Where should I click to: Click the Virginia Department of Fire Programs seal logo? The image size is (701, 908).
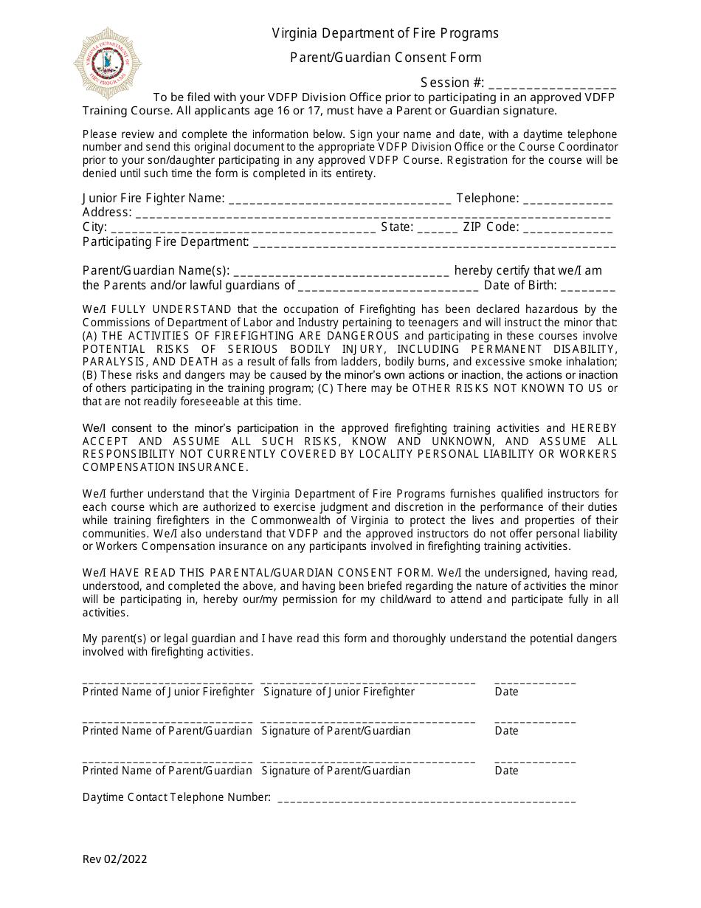coord(108,63)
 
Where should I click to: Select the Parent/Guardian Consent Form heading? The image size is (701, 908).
coord(385,58)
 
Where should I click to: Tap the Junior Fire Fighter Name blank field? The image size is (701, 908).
coord(340,199)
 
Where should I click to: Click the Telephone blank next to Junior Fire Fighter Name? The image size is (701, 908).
coord(568,199)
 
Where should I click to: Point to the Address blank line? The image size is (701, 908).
coord(373,214)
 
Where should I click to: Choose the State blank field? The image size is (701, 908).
coord(438,228)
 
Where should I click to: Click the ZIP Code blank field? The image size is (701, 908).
coord(568,228)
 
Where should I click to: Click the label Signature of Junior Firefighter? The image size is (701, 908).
coord(339,692)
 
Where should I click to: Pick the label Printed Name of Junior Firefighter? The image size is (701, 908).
coord(168,692)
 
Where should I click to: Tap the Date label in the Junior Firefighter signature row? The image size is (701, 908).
coord(506,692)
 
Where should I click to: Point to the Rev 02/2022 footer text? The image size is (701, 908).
coord(114,859)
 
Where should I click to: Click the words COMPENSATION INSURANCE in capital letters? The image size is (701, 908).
coord(164,467)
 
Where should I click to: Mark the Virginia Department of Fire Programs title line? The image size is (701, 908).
coord(385,33)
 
